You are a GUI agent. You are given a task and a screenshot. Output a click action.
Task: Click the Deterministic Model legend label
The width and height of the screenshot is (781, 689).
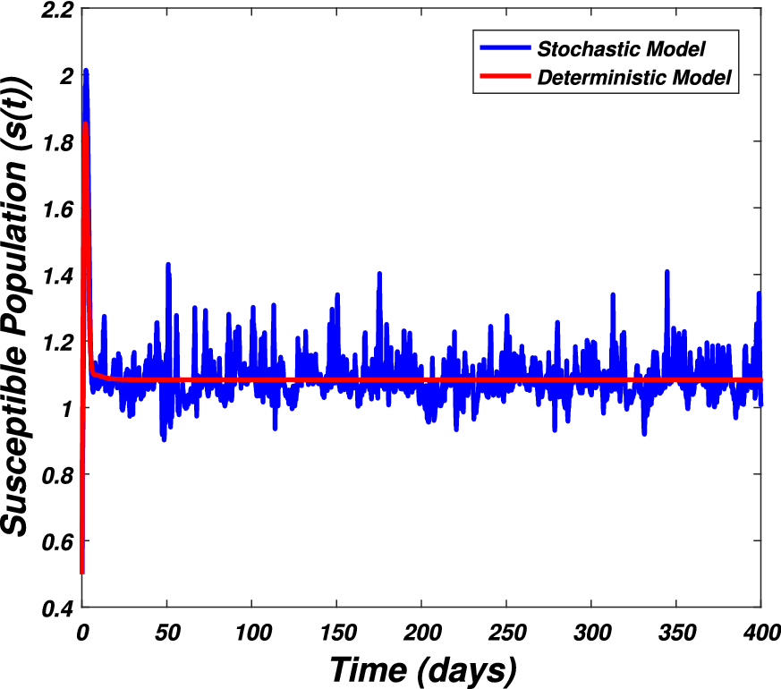click(634, 78)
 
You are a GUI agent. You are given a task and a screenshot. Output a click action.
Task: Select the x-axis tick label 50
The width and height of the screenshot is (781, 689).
click(166, 631)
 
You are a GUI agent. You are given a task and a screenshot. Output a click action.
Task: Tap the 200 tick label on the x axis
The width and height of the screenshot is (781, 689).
click(421, 631)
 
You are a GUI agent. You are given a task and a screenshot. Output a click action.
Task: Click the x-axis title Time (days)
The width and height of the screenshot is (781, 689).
click(422, 668)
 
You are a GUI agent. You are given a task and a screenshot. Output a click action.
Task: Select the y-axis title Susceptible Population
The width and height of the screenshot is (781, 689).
click(20, 304)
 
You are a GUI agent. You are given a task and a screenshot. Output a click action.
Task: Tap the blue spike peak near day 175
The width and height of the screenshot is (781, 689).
click(379, 273)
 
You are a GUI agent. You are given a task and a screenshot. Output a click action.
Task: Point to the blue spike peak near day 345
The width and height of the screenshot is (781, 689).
click(666, 271)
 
